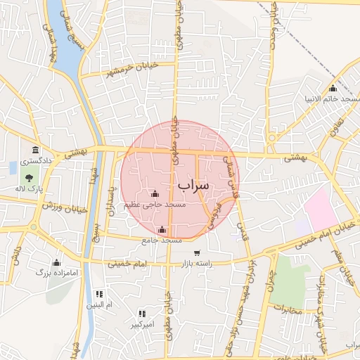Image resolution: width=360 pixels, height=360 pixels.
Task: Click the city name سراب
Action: point(193,185)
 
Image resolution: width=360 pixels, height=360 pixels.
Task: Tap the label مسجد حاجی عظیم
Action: point(155,205)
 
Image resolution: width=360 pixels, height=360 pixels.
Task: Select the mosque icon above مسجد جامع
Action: point(162,229)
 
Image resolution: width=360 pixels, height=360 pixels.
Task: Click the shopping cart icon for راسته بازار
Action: point(197,253)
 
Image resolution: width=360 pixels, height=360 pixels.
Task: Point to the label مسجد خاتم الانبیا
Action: point(333,98)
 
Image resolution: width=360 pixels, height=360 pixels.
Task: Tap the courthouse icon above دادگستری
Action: point(36,149)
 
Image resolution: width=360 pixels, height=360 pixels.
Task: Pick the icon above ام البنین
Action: point(99,293)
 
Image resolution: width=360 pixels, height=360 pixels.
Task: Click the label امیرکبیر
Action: point(141,325)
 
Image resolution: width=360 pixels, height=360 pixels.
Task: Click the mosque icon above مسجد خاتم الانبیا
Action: point(333,88)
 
